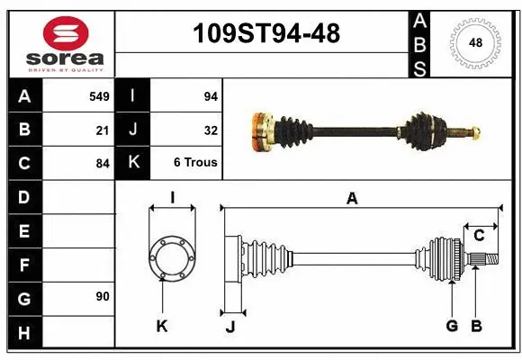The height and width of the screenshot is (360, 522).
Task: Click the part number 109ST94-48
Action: pyautogui.click(x=267, y=34)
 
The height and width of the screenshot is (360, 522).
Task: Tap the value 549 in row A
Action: pyautogui.click(x=99, y=94)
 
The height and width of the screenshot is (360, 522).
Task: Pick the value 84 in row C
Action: pyautogui.click(x=103, y=164)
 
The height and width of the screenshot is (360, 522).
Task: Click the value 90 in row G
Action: pyautogui.click(x=102, y=296)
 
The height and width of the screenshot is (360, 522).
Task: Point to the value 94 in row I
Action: pyautogui.click(x=210, y=94)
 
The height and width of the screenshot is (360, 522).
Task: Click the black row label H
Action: pyautogui.click(x=23, y=334)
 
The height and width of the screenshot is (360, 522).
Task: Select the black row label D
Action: pyautogui.click(x=23, y=197)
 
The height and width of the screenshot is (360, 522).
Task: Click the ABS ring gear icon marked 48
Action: pyautogui.click(x=474, y=42)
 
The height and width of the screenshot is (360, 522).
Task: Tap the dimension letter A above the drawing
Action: pyautogui.click(x=352, y=199)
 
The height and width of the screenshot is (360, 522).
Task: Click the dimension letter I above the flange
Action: pyautogui.click(x=171, y=197)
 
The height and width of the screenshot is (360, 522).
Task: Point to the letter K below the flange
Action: pyautogui.click(x=162, y=327)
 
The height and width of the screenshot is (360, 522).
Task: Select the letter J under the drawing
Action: pyautogui.click(x=230, y=327)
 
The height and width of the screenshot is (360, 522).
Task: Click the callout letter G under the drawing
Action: pyautogui.click(x=452, y=327)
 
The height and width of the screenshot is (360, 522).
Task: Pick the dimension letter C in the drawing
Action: pyautogui.click(x=480, y=236)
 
